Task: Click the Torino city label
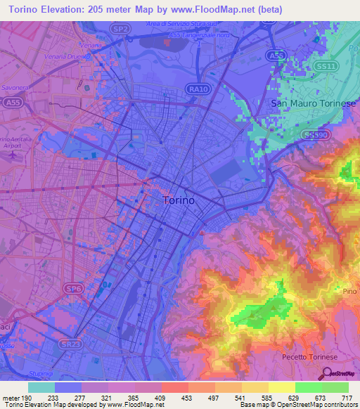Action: [x=179, y=200]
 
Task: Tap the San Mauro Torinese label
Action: [x=314, y=103]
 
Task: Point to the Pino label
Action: [x=350, y=291]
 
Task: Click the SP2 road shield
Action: [x=120, y=29]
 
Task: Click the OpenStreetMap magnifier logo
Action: [x=326, y=373]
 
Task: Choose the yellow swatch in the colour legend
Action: [x=281, y=387]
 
